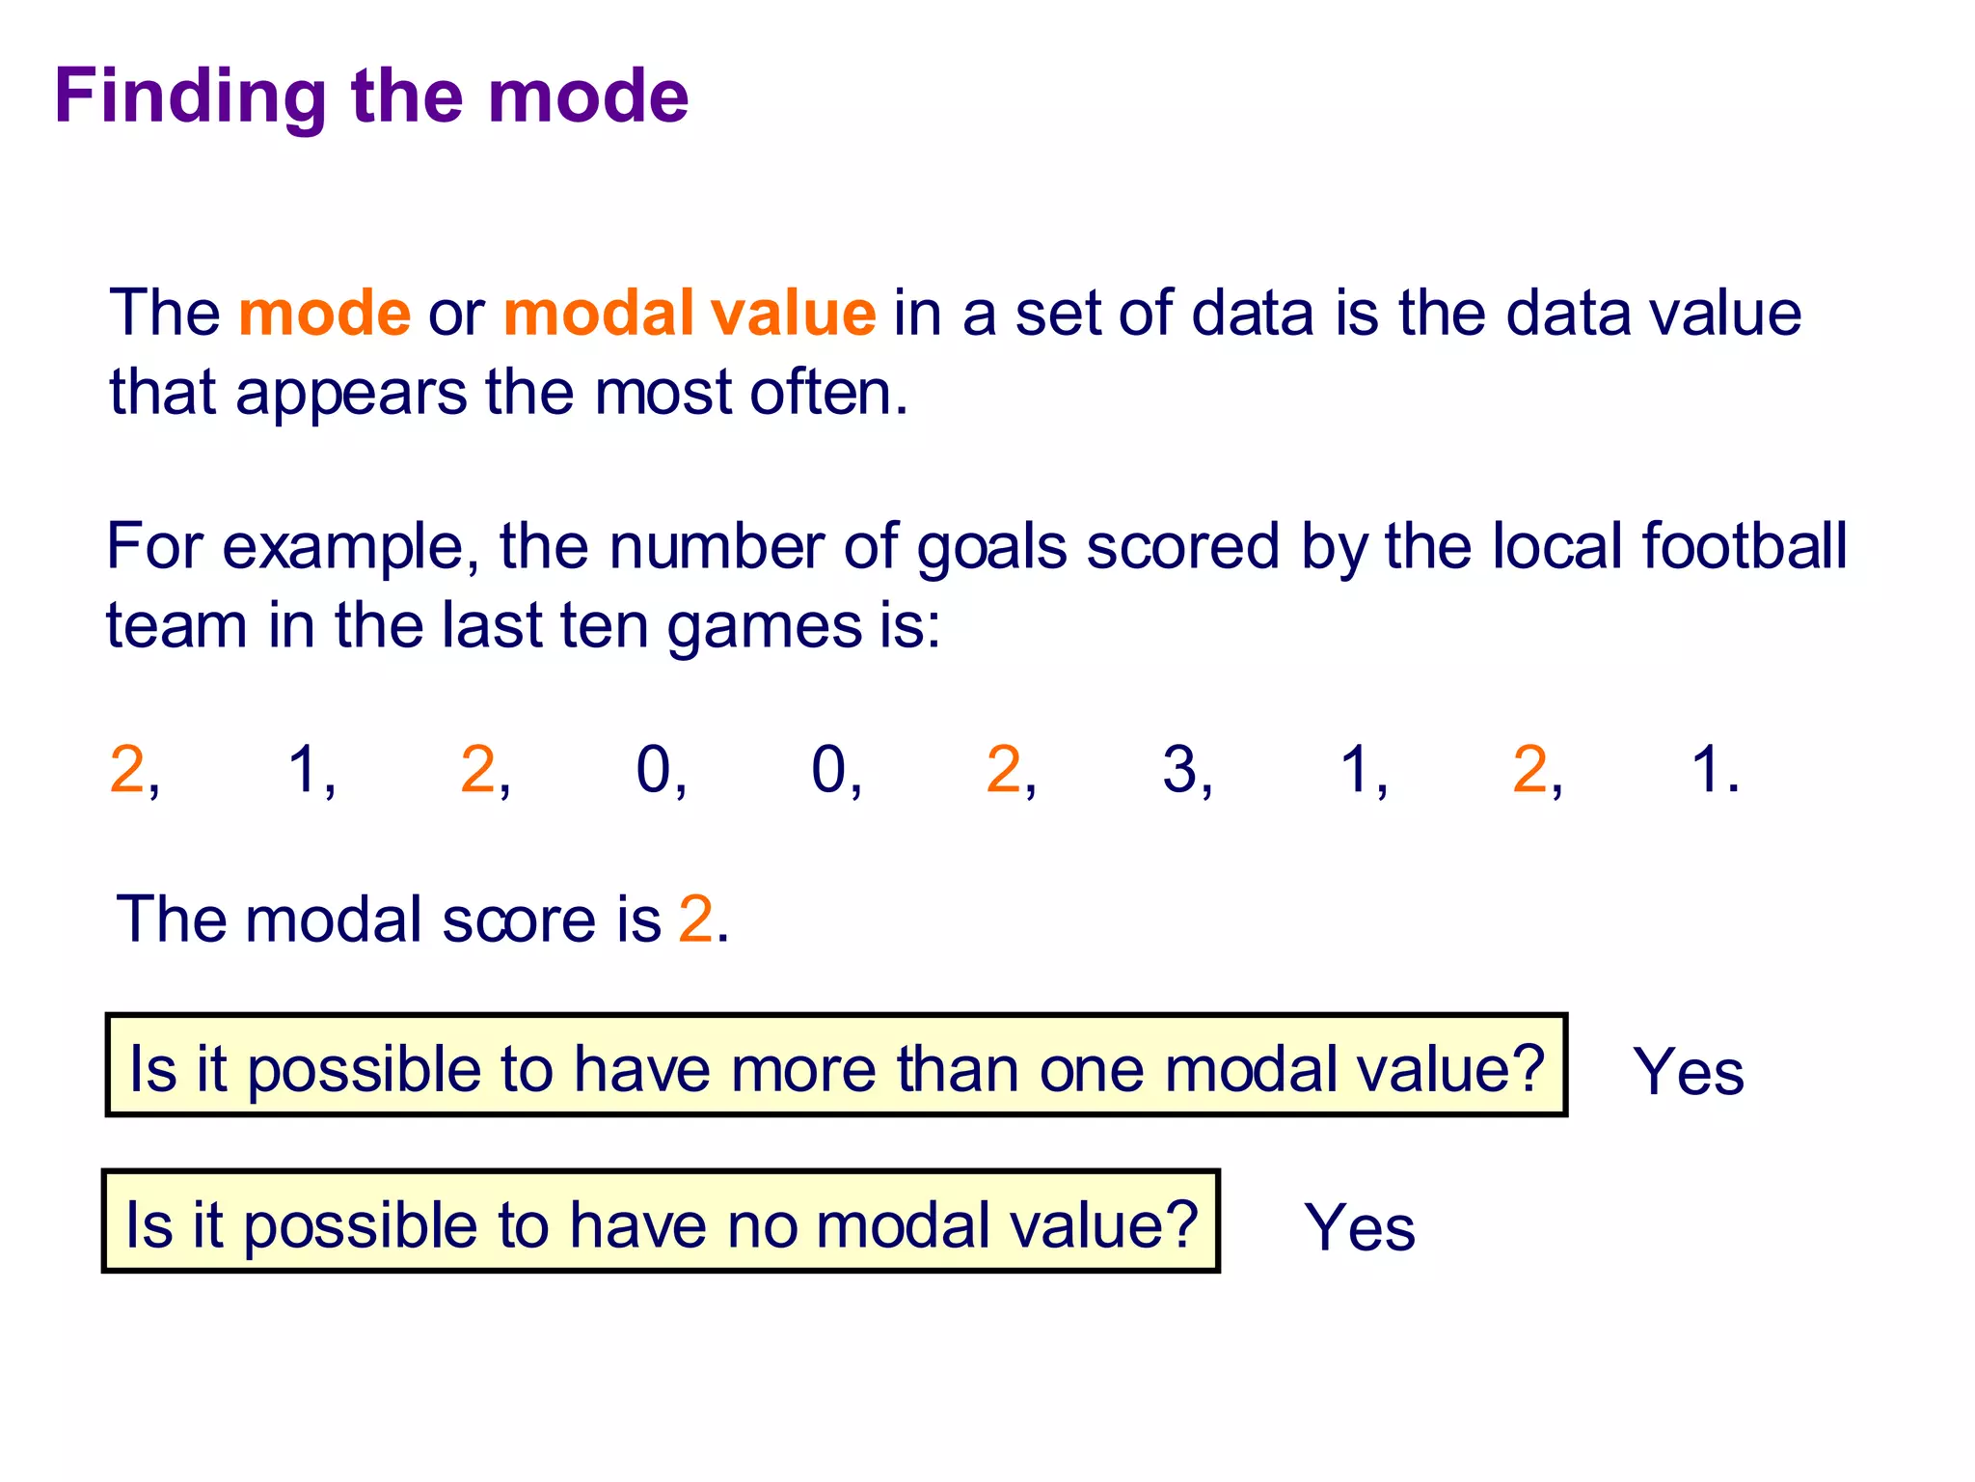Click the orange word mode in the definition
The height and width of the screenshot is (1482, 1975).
point(324,314)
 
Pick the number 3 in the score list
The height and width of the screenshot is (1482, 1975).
point(1179,770)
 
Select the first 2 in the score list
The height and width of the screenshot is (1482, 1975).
point(127,770)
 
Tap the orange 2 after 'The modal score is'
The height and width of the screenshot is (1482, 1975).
point(695,919)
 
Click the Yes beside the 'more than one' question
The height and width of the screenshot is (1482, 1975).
point(1688,1072)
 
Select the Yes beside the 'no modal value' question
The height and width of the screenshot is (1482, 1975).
point(1359,1228)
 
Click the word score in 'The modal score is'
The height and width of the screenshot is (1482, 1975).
point(519,919)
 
